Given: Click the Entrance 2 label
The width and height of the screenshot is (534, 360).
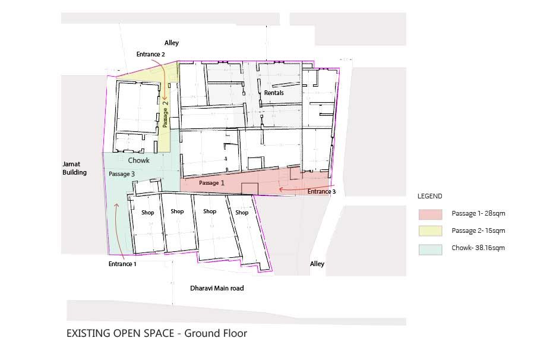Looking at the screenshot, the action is click(150, 54).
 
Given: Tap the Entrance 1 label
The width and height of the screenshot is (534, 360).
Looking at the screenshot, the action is click(122, 264).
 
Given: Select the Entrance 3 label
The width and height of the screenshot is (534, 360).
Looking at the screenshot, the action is click(321, 191).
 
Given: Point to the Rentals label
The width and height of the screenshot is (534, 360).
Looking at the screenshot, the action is click(274, 93).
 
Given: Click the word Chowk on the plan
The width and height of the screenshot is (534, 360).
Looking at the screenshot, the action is click(138, 160).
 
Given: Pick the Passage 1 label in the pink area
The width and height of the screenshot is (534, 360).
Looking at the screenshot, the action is click(211, 183).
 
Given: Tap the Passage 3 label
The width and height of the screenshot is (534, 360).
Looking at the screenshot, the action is click(122, 174).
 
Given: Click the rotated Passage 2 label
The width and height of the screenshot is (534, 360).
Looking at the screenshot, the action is click(165, 113).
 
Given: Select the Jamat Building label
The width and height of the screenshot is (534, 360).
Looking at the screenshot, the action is click(75, 168).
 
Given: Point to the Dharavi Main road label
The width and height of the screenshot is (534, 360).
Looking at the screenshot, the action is click(217, 288).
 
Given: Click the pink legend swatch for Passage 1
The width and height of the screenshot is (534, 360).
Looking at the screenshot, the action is click(431, 214).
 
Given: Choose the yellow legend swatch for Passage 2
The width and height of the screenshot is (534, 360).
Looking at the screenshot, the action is click(431, 231).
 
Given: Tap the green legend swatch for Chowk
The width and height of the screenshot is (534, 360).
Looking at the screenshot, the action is click(431, 250).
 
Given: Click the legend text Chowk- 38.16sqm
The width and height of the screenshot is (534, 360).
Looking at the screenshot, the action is click(478, 248).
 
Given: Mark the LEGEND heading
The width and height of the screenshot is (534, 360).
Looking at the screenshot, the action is click(430, 196).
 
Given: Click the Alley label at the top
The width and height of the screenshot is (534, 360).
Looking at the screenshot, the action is click(172, 43).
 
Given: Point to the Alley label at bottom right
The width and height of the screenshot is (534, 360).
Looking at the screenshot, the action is click(317, 264).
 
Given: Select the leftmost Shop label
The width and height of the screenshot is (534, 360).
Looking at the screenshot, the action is click(148, 213).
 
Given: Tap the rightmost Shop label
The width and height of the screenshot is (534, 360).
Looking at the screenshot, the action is click(242, 213).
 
